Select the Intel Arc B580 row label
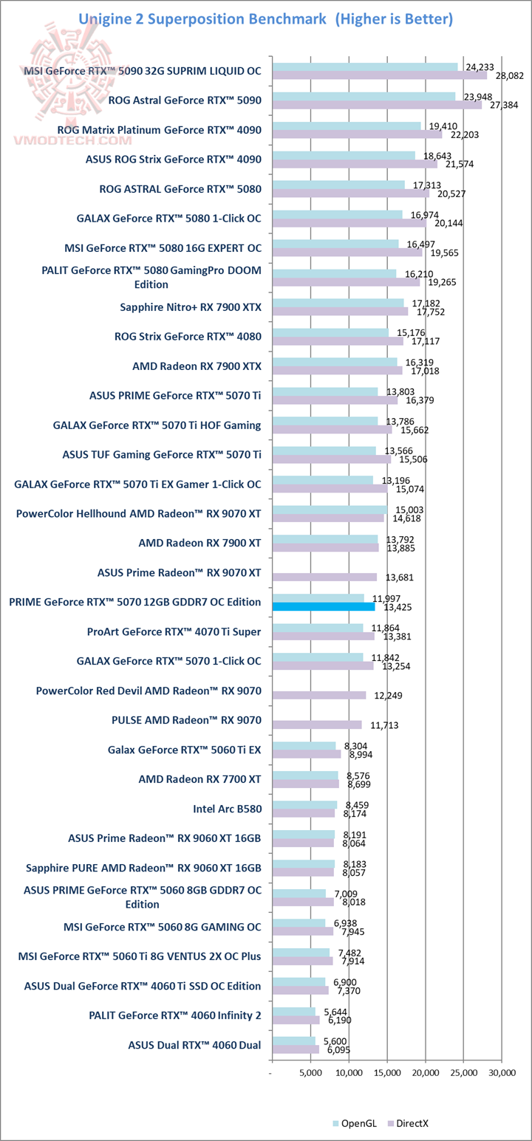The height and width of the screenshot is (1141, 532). click(227, 809)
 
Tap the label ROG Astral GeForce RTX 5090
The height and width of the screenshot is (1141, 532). click(185, 100)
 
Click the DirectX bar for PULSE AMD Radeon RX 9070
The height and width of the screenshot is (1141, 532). click(317, 724)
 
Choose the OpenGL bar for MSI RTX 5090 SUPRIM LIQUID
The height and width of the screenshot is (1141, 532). click(365, 66)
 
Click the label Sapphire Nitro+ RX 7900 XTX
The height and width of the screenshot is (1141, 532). click(191, 306)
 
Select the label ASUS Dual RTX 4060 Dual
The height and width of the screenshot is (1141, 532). click(194, 1045)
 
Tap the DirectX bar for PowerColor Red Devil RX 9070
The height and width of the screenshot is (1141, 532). click(319, 695)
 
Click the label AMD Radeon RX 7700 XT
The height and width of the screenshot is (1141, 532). click(199, 779)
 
